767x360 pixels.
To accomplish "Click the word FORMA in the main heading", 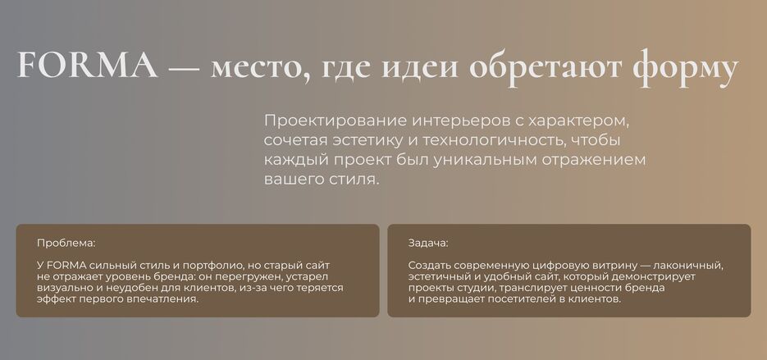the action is [87, 66].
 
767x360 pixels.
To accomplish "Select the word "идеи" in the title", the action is [419, 68].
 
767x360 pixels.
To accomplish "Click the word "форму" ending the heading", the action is [686, 69].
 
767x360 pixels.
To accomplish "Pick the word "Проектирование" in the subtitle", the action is [335, 121].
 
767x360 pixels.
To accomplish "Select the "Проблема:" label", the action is [66, 243].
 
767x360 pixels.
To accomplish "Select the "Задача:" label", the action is [428, 243].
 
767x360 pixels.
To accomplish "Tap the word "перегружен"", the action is [248, 277].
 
